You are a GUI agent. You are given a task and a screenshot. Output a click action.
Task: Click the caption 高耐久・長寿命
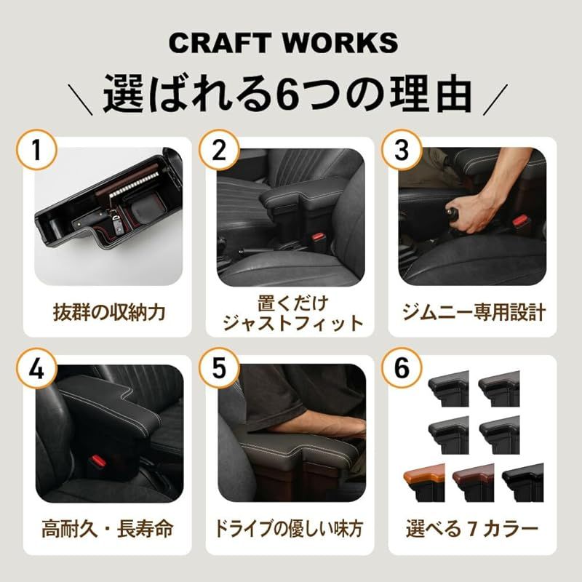click(109, 529)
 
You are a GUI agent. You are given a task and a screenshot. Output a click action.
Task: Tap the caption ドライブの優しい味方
click(291, 529)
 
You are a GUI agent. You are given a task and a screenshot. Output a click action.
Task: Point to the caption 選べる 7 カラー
click(473, 529)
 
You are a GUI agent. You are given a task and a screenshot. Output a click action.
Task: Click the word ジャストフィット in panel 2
click(291, 323)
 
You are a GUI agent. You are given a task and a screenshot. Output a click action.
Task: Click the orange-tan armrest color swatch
click(423, 480)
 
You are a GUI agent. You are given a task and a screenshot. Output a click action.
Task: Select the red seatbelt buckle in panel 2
click(318, 239)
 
